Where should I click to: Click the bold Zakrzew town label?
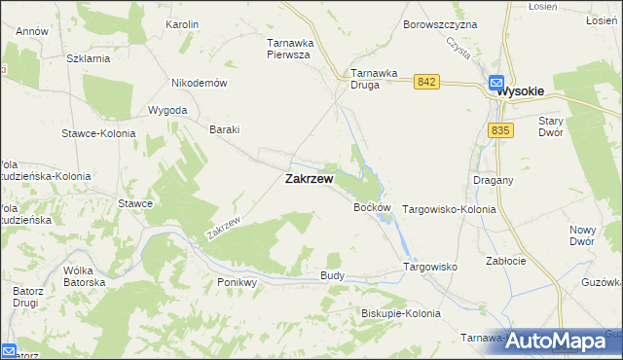click(309, 179)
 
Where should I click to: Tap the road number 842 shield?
click(424, 83)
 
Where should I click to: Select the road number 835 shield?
click(501, 129)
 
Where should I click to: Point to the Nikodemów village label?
click(199, 83)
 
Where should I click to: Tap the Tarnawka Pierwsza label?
click(288, 49)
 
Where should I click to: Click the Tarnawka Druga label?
click(379, 79)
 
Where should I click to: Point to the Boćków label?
click(372, 208)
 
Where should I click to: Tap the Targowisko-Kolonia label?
click(449, 209)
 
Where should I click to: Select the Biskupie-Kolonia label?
click(400, 313)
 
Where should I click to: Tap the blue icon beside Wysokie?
click(495, 85)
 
